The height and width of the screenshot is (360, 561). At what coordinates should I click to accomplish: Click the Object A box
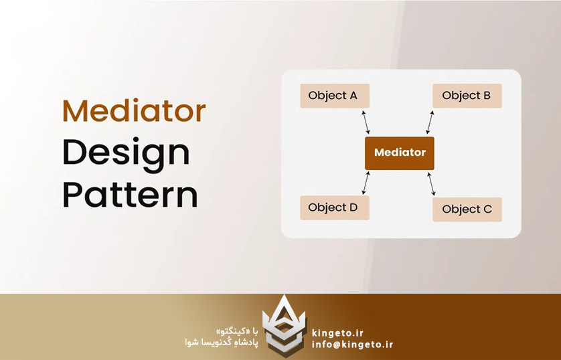tap(335, 96)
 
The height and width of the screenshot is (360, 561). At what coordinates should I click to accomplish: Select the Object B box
tap(467, 96)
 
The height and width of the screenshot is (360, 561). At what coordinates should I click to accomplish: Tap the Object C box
tap(467, 209)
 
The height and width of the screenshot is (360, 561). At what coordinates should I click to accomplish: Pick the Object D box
tap(335, 207)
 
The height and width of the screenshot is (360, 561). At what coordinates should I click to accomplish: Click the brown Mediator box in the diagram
tap(400, 153)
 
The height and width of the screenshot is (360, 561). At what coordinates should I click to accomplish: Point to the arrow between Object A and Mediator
tap(366, 122)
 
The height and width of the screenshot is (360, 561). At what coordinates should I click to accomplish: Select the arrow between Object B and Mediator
tap(430, 122)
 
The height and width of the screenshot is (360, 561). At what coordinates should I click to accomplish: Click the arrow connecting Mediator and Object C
tap(432, 184)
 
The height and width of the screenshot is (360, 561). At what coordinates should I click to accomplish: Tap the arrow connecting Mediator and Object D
tap(366, 183)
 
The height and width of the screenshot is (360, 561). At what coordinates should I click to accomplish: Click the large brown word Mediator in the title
tap(134, 110)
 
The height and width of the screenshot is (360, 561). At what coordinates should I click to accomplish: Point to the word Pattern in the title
tap(131, 194)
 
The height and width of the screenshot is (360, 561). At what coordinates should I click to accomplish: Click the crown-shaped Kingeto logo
tap(284, 326)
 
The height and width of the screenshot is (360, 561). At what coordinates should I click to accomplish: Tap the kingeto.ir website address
tap(338, 333)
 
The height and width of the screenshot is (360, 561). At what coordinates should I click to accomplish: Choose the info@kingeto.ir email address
tap(352, 344)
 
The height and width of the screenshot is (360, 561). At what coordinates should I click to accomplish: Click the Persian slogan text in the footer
tap(222, 337)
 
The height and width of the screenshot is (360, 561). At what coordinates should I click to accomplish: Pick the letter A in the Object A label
tap(353, 96)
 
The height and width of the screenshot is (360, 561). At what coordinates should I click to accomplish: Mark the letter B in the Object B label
tap(487, 96)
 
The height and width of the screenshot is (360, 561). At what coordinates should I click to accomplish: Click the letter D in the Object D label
tap(353, 207)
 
